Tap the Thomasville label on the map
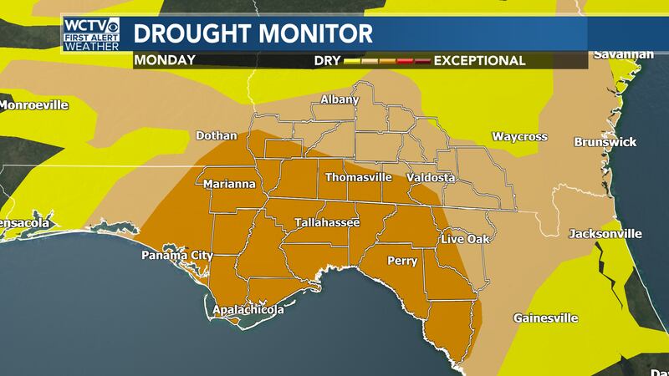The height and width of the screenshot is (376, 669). tap(359, 178)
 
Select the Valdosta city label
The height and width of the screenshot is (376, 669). tap(430, 178)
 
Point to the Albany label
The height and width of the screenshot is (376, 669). tap(340, 99)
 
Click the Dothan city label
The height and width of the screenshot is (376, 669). tap(217, 135)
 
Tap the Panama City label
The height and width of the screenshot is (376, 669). tap(176, 256)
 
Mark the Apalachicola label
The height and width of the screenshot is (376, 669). tap(248, 310)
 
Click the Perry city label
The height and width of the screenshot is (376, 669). tap(402, 261)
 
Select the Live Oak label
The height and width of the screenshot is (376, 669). tap(463, 241)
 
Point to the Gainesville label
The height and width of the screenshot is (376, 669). tap(544, 318)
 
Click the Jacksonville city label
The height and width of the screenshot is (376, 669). tap(605, 233)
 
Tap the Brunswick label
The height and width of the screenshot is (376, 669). tap(605, 142)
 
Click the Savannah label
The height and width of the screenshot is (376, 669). tap(623, 55)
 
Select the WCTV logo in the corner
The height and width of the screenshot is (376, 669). tap(91, 33)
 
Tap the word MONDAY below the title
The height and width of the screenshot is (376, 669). tap(164, 60)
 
